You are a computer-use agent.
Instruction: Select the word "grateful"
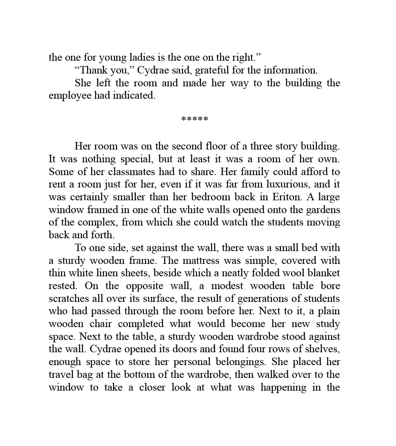[212, 70]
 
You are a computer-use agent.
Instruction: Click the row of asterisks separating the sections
[195, 120]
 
